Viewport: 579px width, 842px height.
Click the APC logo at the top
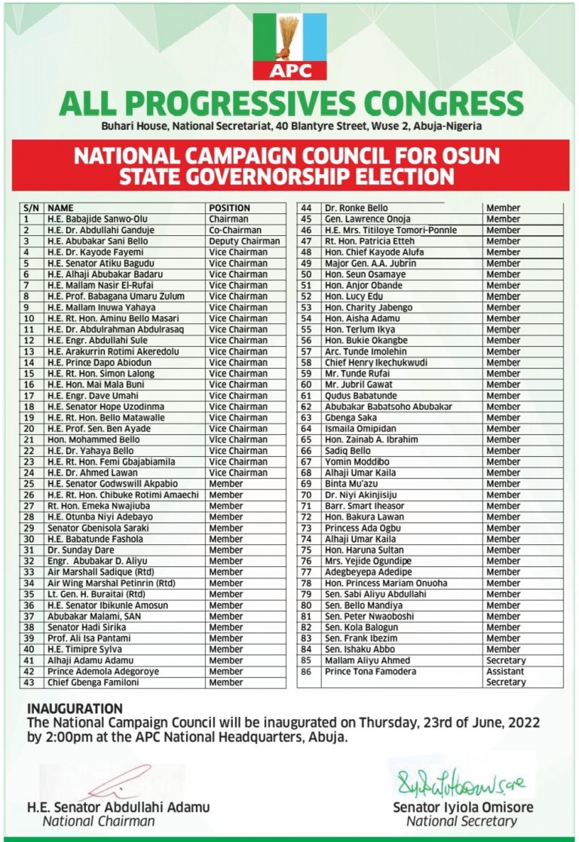289,47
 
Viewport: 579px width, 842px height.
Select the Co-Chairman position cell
235,231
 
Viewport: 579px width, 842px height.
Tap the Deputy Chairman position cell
244,241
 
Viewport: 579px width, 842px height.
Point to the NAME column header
61,208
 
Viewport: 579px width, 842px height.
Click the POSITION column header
229,208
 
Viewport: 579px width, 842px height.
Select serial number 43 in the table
30,682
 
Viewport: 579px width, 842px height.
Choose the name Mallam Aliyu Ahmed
367,660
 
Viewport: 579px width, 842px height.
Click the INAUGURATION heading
75,709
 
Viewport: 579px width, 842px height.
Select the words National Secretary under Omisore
461,821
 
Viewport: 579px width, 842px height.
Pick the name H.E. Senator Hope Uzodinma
105,407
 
